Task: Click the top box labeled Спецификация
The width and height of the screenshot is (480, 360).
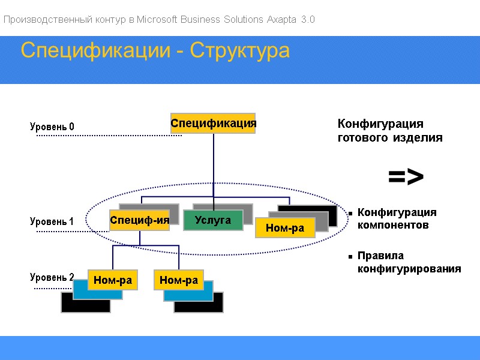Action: (x=213, y=123)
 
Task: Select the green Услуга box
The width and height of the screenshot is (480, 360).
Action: (x=213, y=220)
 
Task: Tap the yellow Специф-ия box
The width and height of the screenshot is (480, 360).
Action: (x=139, y=220)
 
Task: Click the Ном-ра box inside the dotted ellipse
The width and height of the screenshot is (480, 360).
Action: (x=285, y=227)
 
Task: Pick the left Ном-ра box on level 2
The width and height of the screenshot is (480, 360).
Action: (x=112, y=280)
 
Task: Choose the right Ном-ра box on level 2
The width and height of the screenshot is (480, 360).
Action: (x=178, y=280)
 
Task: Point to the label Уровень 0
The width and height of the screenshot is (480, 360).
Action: (x=52, y=127)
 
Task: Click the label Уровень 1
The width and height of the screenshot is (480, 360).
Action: (x=52, y=221)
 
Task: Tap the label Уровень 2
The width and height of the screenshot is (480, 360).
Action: (x=52, y=277)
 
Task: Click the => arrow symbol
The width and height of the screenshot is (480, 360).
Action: (x=406, y=176)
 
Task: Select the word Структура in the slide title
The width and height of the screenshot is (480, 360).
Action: (x=240, y=51)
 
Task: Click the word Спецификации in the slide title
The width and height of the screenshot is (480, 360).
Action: (x=95, y=51)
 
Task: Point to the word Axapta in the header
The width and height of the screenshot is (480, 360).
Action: (x=280, y=20)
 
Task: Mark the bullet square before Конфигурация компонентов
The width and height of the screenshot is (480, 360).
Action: (x=349, y=213)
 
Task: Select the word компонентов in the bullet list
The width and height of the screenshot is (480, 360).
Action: (x=393, y=225)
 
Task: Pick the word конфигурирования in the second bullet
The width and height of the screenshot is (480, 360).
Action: (x=409, y=269)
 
